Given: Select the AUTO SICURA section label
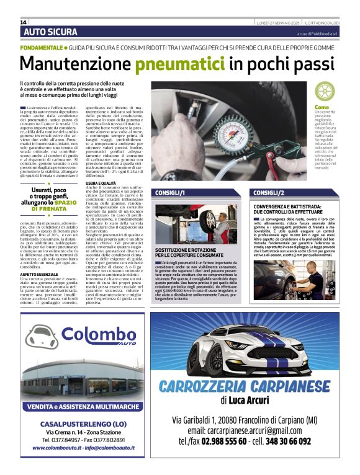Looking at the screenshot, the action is point(51,32).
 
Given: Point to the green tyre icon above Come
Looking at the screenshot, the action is point(340,93).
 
